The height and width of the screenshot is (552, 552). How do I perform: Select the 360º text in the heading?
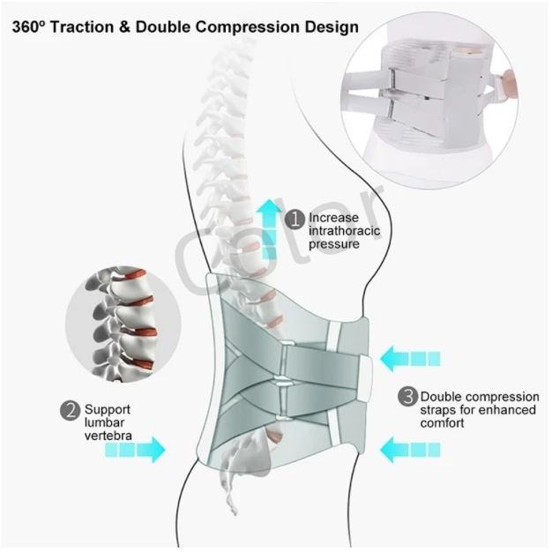(28, 27)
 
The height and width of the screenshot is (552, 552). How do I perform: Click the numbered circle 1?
(295, 220)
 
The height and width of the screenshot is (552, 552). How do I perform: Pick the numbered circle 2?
(71, 411)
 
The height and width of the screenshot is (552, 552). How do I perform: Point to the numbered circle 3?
(408, 397)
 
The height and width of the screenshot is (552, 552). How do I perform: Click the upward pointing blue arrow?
(270, 229)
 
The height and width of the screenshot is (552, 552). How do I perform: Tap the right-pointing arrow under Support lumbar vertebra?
(136, 450)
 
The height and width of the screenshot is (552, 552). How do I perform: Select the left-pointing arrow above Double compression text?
(410, 359)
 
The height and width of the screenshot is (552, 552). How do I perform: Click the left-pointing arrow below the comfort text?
(410, 450)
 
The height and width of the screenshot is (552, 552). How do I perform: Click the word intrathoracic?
(344, 230)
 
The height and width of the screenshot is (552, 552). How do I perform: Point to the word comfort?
(442, 422)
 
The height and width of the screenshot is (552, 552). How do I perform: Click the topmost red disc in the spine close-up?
(134, 274)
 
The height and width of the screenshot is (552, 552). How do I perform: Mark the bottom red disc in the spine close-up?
(143, 363)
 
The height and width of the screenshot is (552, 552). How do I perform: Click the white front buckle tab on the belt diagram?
(366, 377)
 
